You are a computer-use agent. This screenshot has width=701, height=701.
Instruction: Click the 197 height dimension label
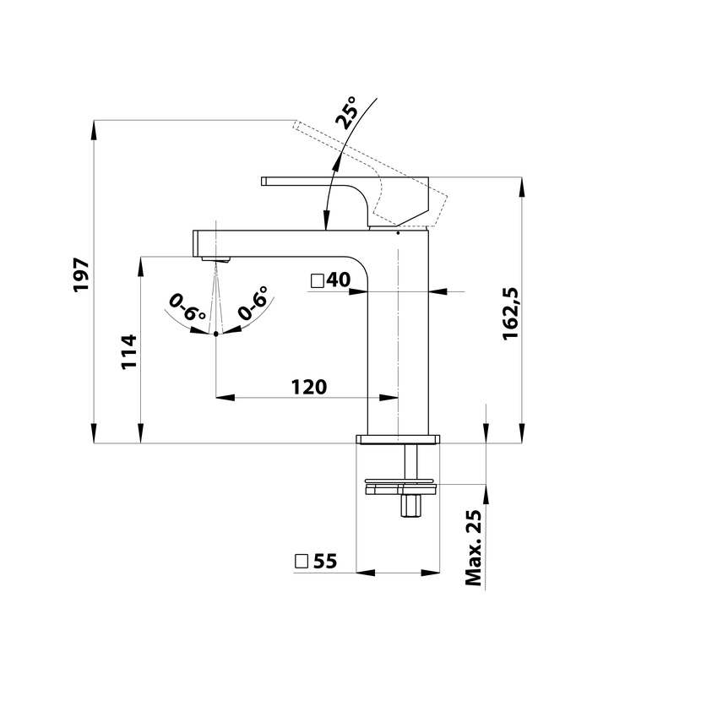tap(81, 274)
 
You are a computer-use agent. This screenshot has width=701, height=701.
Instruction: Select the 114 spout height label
tap(129, 351)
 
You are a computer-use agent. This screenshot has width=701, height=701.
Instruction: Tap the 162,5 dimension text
tap(511, 314)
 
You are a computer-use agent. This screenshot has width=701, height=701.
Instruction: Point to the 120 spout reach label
tap(309, 387)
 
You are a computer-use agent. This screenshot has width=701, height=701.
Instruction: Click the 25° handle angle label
tap(347, 112)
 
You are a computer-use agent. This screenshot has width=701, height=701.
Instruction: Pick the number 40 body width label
tap(339, 280)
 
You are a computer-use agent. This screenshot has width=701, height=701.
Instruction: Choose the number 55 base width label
tap(325, 561)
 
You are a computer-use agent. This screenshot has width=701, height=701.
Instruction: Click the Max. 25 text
tap(474, 547)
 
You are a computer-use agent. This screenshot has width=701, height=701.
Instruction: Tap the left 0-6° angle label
tap(187, 307)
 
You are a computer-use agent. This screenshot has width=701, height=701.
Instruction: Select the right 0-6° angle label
tap(253, 303)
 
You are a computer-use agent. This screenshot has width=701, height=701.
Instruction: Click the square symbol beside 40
tap(318, 280)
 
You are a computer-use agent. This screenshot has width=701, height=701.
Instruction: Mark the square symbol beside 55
tap(302, 561)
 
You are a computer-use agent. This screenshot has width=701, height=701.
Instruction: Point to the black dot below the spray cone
tap(216, 334)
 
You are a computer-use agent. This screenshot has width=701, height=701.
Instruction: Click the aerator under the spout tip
tap(215, 258)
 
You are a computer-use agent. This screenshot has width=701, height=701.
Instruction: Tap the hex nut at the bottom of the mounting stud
tap(410, 506)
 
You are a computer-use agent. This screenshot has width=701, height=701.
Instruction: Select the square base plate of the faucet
tap(398, 439)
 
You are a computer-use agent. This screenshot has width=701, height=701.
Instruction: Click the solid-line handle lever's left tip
tap(262, 181)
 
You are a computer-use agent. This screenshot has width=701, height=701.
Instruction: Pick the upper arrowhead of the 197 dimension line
tap(94, 130)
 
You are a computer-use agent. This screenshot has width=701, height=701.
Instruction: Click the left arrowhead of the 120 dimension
tap(226, 398)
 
